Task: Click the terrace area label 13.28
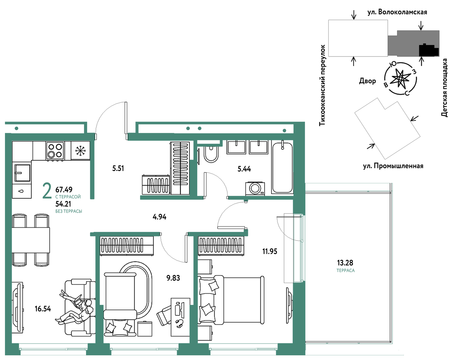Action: pyautogui.click(x=345, y=263)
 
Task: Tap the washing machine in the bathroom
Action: pyautogui.click(x=255, y=188)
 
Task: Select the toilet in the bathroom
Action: pyautogui.click(x=211, y=154)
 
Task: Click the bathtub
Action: pyautogui.click(x=282, y=168)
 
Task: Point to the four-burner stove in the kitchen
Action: pyautogui.click(x=55, y=151)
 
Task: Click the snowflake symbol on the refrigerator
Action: pyautogui.click(x=80, y=150)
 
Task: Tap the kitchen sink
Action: pyautogui.click(x=22, y=173)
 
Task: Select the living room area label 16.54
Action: pyautogui.click(x=43, y=309)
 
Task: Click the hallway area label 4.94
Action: pyautogui.click(x=159, y=217)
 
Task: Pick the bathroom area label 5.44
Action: pyautogui.click(x=244, y=169)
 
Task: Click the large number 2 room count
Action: pyautogui.click(x=47, y=191)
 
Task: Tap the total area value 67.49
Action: pyautogui.click(x=64, y=189)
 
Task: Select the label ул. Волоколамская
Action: pyautogui.click(x=397, y=12)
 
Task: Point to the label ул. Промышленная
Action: pyautogui.click(x=393, y=166)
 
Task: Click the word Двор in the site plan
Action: pyautogui.click(x=367, y=81)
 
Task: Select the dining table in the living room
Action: pyautogui.click(x=31, y=240)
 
